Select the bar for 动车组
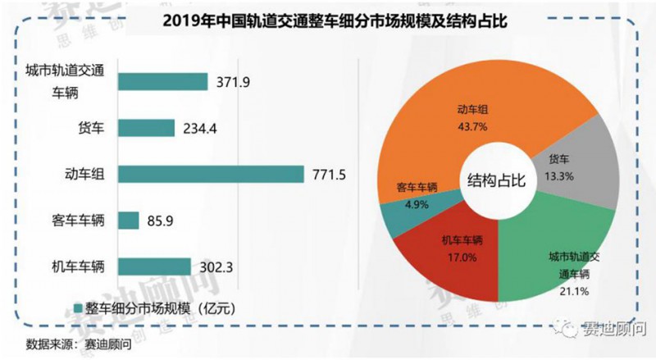tap(209, 174)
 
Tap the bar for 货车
tap(147, 128)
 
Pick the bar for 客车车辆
tap(129, 221)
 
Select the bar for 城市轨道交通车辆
tap(163, 81)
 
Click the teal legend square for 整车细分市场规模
tap(80, 308)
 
